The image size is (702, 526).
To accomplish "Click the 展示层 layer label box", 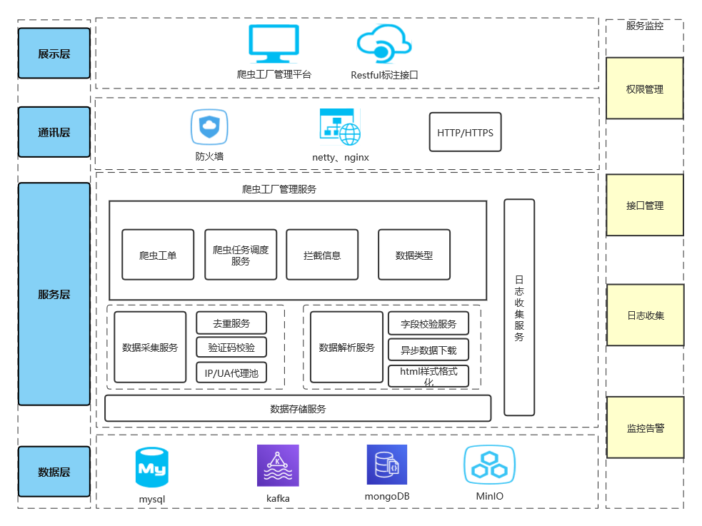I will click(x=54, y=54).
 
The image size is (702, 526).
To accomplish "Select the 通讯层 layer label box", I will click(x=54, y=132).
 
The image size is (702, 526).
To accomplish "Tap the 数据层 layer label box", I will click(x=54, y=472).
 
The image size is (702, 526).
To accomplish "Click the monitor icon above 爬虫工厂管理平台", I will click(x=274, y=44).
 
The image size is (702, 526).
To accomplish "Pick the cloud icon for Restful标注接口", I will click(x=383, y=44).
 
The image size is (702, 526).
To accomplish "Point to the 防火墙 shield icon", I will click(x=209, y=128).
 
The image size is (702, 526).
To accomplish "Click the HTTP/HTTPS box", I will click(x=465, y=132).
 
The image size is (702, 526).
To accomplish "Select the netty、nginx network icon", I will click(x=340, y=127).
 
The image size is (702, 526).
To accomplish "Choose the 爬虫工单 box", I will click(x=158, y=255).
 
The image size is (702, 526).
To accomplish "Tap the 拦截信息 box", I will click(x=322, y=255).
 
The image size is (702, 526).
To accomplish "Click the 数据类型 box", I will click(x=414, y=255).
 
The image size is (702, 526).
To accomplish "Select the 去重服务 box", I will click(x=231, y=323).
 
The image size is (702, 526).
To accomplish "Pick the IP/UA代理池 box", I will click(x=231, y=373).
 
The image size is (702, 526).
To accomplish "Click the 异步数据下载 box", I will click(x=428, y=350).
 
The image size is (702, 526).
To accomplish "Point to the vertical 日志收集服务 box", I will click(x=519, y=307).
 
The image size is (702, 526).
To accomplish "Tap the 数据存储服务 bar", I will click(x=298, y=408).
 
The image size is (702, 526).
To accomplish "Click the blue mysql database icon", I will click(x=152, y=467).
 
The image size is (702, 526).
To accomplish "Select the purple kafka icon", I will click(x=278, y=465).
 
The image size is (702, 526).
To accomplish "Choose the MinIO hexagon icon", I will click(x=489, y=465).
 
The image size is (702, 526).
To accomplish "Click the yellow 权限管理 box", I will click(x=645, y=89).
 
